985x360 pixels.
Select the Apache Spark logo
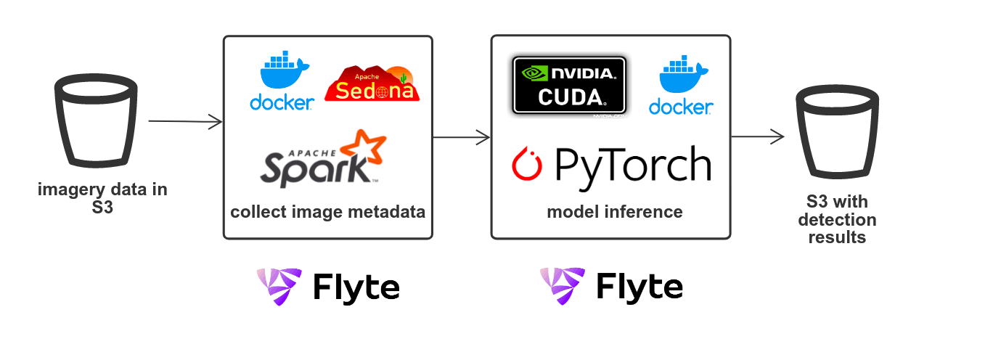324,159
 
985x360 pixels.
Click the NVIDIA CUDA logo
569,85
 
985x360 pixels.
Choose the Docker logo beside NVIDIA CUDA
681,87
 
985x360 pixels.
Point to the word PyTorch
632,165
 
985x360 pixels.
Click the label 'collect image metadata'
327,213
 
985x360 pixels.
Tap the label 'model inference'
614,212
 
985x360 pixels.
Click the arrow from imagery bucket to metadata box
185,122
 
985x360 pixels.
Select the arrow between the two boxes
462,136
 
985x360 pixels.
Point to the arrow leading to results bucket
757,136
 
